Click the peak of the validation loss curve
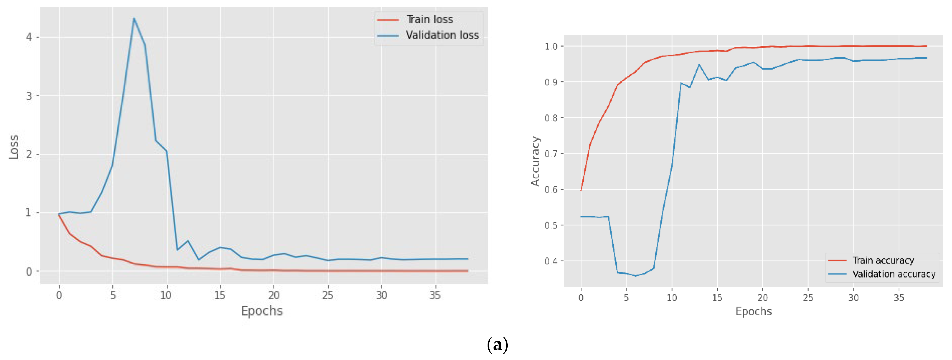(134, 19)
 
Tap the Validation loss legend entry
(442, 35)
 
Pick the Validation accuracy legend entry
(894, 274)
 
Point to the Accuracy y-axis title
(535, 161)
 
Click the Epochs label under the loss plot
(262, 311)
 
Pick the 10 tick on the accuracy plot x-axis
(671, 298)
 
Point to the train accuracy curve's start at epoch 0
(581, 190)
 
